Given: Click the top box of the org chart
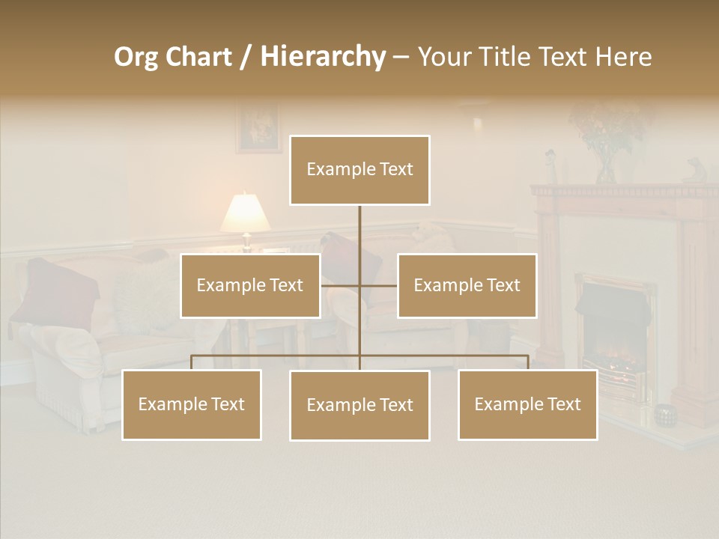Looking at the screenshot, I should (359, 170).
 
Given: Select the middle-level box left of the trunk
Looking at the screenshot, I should (250, 285).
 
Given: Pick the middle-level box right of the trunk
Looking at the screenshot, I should (467, 285).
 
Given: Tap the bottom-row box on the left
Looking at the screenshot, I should (192, 404).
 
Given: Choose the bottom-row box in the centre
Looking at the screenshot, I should (359, 405).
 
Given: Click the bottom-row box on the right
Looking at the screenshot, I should (527, 404).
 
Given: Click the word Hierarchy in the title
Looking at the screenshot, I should (323, 57).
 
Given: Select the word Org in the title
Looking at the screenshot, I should (136, 57).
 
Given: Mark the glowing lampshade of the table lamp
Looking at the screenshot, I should (245, 213).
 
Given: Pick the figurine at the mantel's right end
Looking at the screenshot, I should (693, 170).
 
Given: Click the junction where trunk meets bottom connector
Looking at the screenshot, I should (359, 356).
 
